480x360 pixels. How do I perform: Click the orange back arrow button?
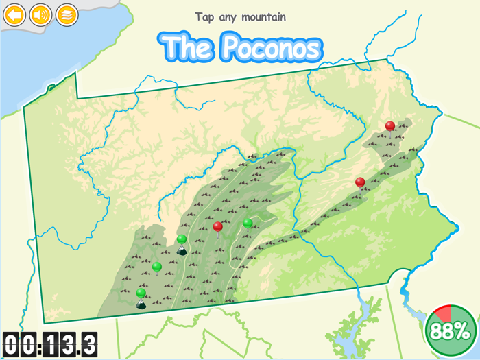(x=14, y=14)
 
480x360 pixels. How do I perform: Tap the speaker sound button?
(x=40, y=14)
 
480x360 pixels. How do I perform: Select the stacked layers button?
(x=67, y=14)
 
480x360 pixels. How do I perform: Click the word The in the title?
(x=187, y=47)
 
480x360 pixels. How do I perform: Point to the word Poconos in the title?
(x=271, y=47)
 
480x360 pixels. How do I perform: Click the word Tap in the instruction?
(x=205, y=17)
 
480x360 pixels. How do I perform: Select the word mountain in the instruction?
(x=263, y=17)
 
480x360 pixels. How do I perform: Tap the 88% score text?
(x=450, y=331)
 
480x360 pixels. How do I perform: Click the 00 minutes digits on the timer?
(x=19, y=344)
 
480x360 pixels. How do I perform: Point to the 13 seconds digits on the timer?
(x=60, y=344)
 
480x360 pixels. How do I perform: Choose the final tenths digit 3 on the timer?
(x=89, y=344)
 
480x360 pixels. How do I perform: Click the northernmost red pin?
(x=390, y=126)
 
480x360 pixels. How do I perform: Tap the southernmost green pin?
(x=141, y=293)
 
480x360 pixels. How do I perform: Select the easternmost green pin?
(x=248, y=223)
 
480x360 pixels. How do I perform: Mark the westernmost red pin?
(x=218, y=226)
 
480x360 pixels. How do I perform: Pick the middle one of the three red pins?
(x=360, y=182)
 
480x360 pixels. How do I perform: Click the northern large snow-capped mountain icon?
(x=182, y=250)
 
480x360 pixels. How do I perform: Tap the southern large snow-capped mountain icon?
(x=141, y=304)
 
